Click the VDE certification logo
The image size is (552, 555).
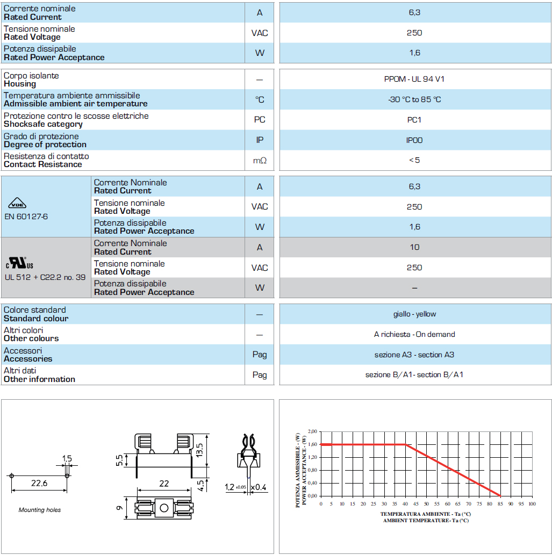[x=18, y=205]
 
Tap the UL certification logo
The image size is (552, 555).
[x=20, y=263]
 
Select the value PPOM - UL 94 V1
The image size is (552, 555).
[x=414, y=79]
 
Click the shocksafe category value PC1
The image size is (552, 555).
[x=414, y=120]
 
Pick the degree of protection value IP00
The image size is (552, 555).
[x=414, y=140]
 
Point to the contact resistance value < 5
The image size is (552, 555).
[x=414, y=160]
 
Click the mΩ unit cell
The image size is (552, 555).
[x=260, y=160]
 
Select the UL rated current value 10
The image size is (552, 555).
[x=414, y=247]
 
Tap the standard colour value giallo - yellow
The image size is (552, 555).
[x=414, y=314]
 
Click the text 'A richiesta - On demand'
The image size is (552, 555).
[x=414, y=334]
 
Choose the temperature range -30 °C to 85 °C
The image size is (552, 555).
[x=414, y=99]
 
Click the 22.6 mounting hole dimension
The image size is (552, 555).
[x=39, y=484]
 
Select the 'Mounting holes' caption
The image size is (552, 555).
[x=40, y=510]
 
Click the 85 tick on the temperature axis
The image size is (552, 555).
[x=500, y=504]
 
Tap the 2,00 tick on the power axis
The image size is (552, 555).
[x=312, y=431]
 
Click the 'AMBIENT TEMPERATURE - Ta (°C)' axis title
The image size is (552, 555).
[x=425, y=520]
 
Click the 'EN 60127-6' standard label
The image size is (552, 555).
[x=26, y=217]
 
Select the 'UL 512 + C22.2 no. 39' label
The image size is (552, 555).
[x=45, y=277]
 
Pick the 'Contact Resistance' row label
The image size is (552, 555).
[x=43, y=164]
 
